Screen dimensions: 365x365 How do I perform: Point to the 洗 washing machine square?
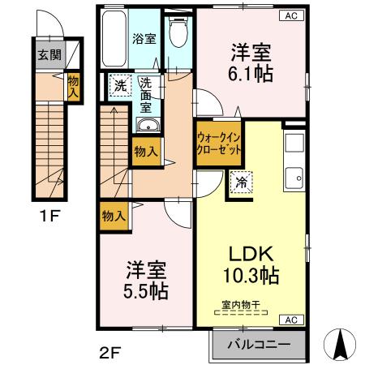119,84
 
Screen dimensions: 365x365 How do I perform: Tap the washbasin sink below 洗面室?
147,126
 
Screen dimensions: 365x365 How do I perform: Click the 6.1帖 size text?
251,73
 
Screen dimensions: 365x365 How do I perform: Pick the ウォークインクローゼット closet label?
217,143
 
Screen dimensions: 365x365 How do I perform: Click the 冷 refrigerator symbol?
242,183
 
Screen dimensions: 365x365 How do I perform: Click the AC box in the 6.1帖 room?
289,15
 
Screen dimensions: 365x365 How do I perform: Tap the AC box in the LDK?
289,320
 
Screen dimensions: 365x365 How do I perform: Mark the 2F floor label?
110,353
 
